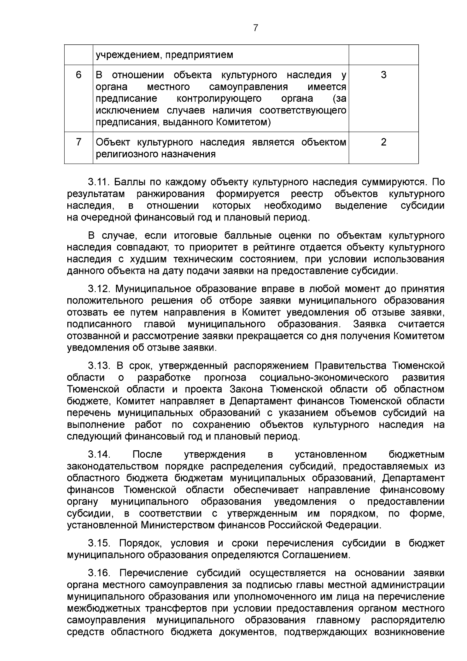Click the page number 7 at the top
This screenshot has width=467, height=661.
[x=255, y=28]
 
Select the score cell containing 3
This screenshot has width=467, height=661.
[x=383, y=75]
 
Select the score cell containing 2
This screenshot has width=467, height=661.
[x=383, y=142]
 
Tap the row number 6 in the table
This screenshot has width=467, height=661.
[x=79, y=75]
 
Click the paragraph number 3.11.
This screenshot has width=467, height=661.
[x=100, y=182]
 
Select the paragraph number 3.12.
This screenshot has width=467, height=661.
[x=100, y=289]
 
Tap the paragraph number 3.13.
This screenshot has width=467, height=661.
[x=100, y=366]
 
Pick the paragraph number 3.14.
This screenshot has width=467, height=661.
[x=100, y=455]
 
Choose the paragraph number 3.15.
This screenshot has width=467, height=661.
[x=100, y=543]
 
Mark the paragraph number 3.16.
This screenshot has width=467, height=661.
[x=100, y=573]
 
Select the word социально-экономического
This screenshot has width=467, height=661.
[x=324, y=377]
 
